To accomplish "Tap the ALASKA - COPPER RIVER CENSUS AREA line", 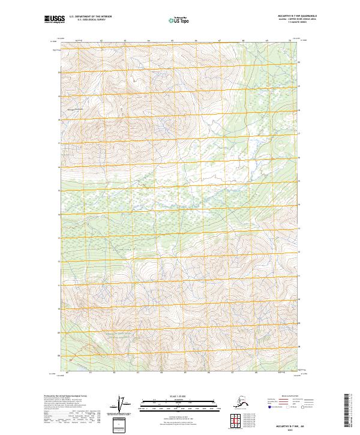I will [x=285, y=20].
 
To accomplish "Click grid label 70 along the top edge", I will [x=290, y=41].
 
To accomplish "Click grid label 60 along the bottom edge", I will [x=67, y=373].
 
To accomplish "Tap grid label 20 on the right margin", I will [x=300, y=61].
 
